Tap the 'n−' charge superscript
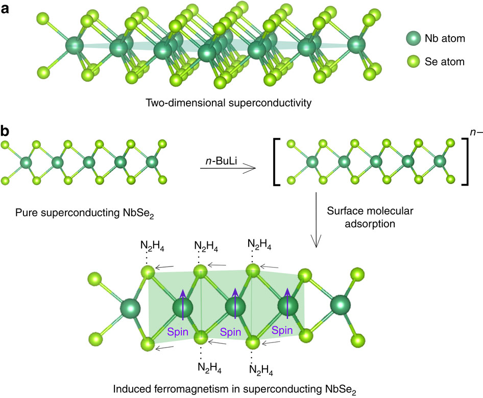pyautogui.click(x=472, y=135)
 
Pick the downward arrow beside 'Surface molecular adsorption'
pyautogui.click(x=317, y=219)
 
